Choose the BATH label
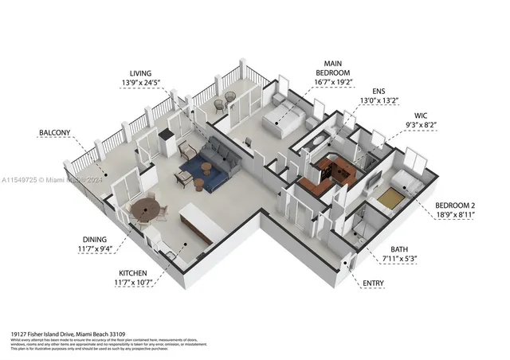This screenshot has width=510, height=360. click(398, 249)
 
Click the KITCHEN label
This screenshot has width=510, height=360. click(127, 272)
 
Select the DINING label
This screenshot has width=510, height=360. click(101, 239)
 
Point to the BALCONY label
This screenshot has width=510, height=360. click(54, 132)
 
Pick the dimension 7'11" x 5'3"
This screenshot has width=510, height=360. click(398, 259)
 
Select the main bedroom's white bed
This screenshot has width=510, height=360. click(283, 117)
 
